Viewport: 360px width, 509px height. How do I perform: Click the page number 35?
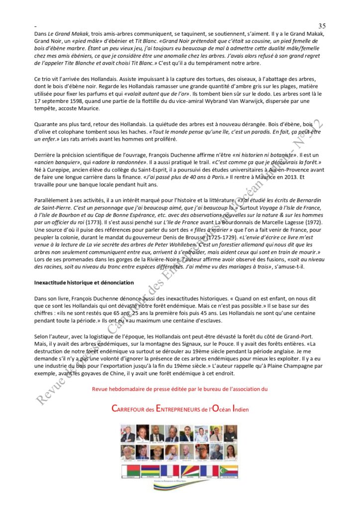321,25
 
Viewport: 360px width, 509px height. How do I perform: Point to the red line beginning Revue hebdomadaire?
180,389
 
